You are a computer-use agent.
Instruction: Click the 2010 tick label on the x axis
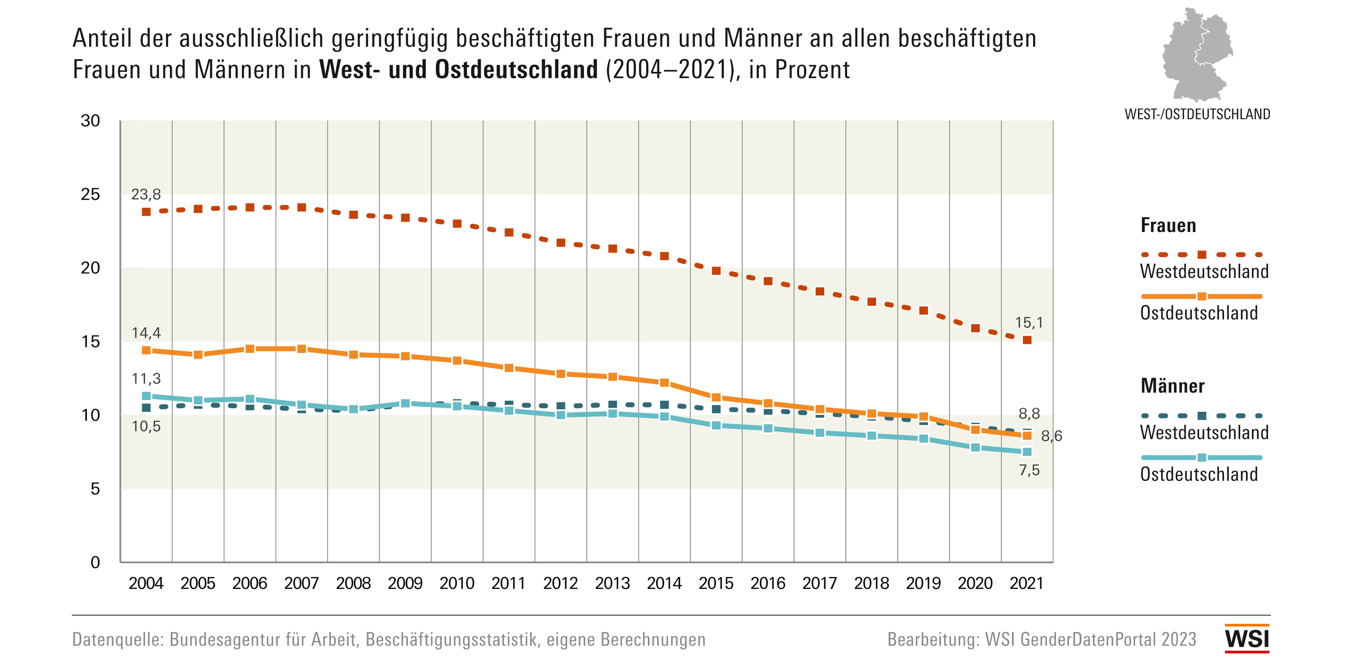click(x=457, y=583)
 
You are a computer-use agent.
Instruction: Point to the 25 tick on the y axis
click(x=90, y=194)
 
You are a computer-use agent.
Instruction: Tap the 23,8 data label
click(x=146, y=194)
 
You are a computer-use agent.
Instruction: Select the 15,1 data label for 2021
click(x=1028, y=323)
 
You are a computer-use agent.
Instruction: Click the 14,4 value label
click(x=146, y=332)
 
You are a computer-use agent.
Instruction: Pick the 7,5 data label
click(x=1029, y=470)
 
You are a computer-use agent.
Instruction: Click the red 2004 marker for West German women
click(x=146, y=212)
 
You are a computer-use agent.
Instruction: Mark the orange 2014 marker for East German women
click(x=664, y=383)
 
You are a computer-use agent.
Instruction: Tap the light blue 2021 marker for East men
click(x=1027, y=451)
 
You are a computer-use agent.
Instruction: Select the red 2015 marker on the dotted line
click(x=716, y=271)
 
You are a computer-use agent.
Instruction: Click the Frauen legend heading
click(x=1168, y=226)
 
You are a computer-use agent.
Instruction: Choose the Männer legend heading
click(x=1172, y=386)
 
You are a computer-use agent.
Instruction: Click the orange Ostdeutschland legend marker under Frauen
click(x=1202, y=296)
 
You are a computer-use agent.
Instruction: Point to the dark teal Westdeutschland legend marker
click(x=1202, y=416)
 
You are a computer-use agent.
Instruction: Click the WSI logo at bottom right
click(x=1246, y=638)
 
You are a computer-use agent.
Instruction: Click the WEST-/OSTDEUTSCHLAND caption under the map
click(x=1196, y=114)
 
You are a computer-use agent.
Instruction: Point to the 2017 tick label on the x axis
click(x=819, y=583)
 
